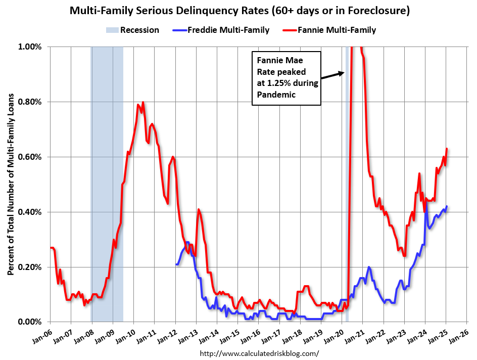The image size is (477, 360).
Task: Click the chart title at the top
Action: [239, 10]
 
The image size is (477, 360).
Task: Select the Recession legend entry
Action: [133, 30]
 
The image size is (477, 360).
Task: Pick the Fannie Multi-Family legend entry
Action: [332, 30]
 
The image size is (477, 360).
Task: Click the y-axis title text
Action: [11, 184]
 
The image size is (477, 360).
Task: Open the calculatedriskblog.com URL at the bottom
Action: [260, 353]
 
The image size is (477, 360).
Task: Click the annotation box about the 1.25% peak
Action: [287, 77]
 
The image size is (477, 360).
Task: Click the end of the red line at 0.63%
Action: [447, 149]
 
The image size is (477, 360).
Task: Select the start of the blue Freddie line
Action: [176, 264]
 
